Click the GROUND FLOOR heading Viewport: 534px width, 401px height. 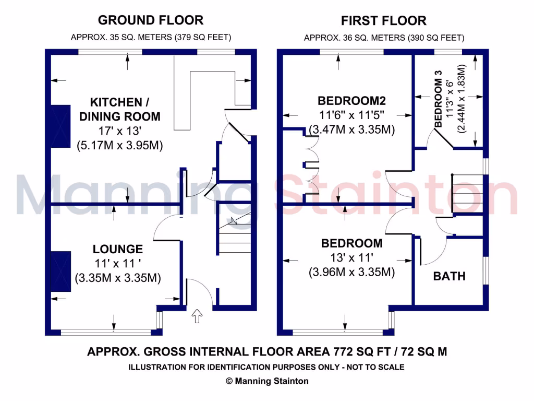(x=151, y=20)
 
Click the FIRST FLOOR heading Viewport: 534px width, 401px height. (x=384, y=21)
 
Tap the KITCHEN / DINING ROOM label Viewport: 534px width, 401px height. (x=119, y=109)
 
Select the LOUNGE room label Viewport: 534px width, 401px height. (x=118, y=249)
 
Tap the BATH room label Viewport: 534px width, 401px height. (x=449, y=276)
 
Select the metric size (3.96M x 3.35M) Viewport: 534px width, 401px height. (x=351, y=272)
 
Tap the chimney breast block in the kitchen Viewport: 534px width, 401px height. (x=60, y=126)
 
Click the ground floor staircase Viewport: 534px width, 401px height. (x=234, y=235)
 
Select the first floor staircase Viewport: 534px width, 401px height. (x=467, y=193)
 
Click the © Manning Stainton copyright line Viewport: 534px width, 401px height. (x=267, y=381)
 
